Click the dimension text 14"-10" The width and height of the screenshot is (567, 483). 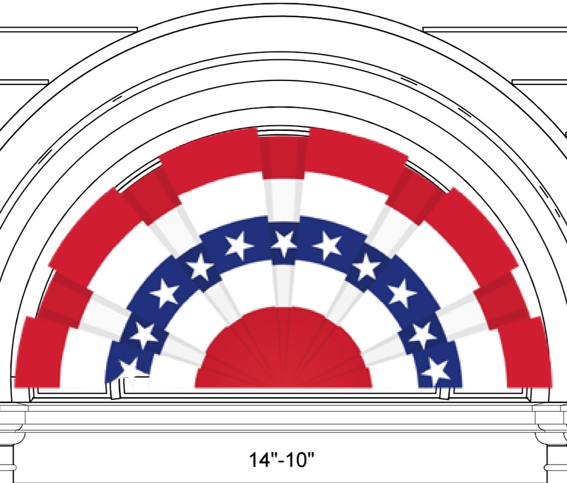(282, 460)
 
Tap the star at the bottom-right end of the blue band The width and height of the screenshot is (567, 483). (437, 372)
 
